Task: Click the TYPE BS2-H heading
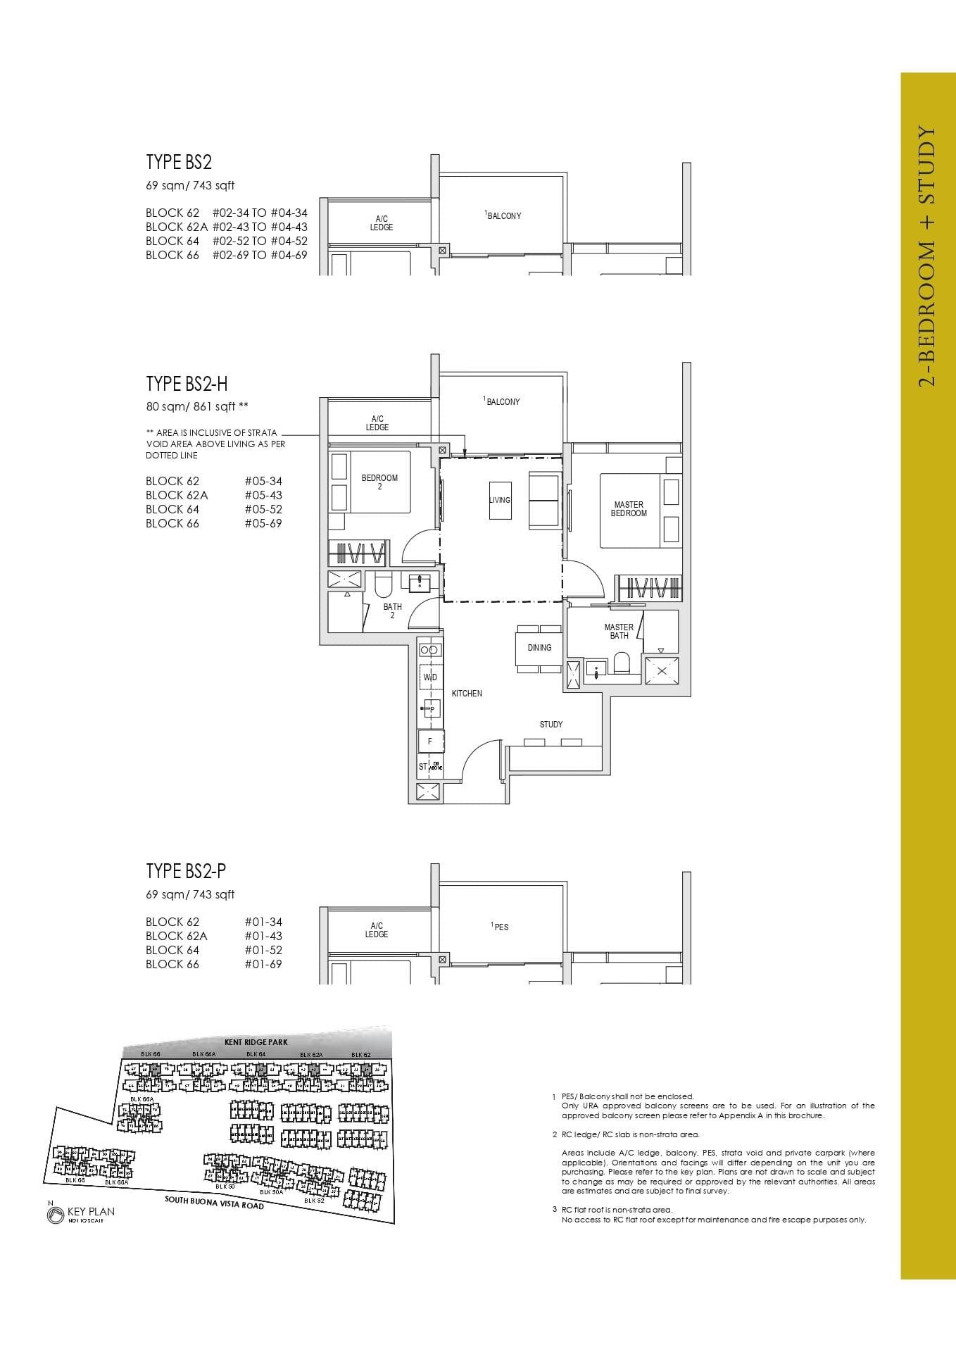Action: click(x=187, y=384)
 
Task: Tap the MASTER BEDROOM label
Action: click(x=628, y=509)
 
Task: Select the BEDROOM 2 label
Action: click(x=379, y=482)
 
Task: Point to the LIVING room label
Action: click(x=500, y=500)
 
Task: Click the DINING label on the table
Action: click(x=539, y=648)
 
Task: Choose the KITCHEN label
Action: click(x=467, y=694)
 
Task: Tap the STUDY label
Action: click(x=551, y=725)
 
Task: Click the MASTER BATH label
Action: click(x=619, y=631)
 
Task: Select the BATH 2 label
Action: click(x=392, y=611)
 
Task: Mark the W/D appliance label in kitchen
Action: click(x=429, y=677)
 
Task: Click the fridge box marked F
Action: click(x=429, y=741)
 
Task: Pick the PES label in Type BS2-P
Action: click(x=501, y=927)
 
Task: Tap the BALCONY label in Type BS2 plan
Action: click(x=503, y=216)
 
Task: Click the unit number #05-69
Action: click(x=263, y=523)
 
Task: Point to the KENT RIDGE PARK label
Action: click(x=256, y=1042)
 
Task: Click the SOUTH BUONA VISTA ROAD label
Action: click(x=214, y=1203)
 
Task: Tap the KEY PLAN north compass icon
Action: click(x=55, y=1215)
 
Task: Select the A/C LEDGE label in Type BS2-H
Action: click(x=377, y=423)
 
